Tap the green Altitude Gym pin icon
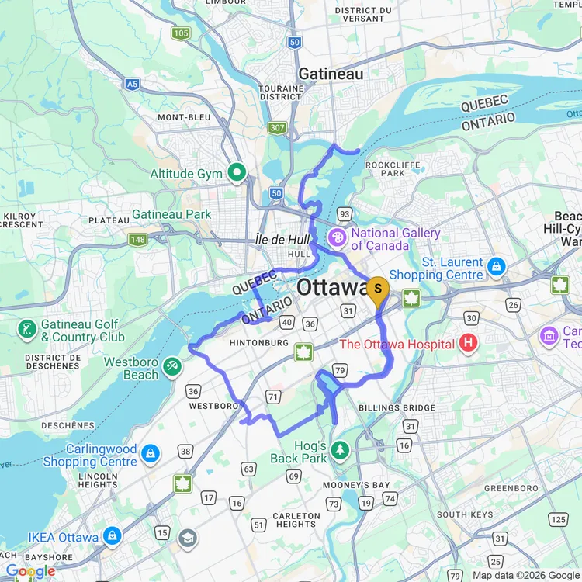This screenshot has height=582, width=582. pyautogui.click(x=237, y=173)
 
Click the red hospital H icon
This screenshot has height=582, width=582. pyautogui.click(x=468, y=341)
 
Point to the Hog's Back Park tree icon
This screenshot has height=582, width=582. pyautogui.click(x=339, y=450)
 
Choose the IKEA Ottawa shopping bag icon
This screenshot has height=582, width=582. pyautogui.click(x=113, y=537)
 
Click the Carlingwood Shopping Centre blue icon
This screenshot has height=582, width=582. pyautogui.click(x=150, y=453)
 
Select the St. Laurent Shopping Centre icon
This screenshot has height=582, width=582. pyautogui.click(x=497, y=268)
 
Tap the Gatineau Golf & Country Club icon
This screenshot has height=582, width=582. pyautogui.click(x=27, y=330)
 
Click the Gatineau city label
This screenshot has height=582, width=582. pyautogui.click(x=331, y=74)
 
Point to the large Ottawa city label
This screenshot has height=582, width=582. pyautogui.click(x=334, y=286)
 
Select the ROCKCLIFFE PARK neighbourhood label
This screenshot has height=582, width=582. pyautogui.click(x=386, y=168)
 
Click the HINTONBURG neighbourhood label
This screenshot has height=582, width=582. pyautogui.click(x=261, y=342)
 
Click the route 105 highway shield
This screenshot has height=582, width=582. pyautogui.click(x=181, y=33)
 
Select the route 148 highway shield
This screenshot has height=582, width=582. pyautogui.click(x=137, y=240)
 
